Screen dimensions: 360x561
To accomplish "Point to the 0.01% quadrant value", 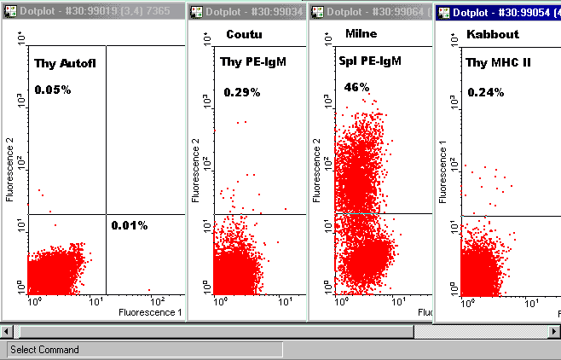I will coord(129,225).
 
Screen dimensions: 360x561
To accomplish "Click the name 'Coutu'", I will coord(243,33).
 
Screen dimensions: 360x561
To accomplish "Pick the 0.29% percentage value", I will coord(242,92).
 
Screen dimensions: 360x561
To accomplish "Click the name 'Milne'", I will coord(361,33).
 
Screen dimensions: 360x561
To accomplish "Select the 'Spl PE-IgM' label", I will coord(370,61).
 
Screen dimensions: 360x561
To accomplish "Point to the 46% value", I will coord(356,87).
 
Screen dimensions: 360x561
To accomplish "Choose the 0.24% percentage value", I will coord(485,92).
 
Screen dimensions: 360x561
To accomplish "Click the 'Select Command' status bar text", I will coord(44,350).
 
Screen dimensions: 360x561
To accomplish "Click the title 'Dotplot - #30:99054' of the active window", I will coord(502,13).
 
